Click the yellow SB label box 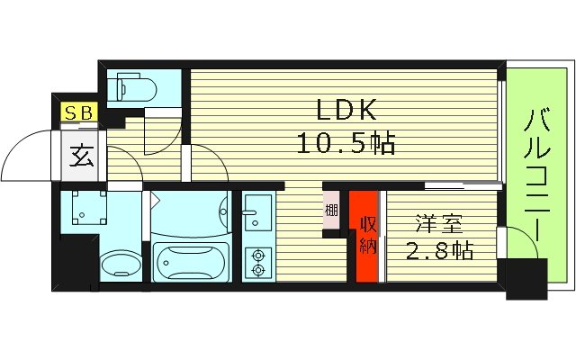coord(76,112)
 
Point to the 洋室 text coord(440,220)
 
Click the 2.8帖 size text coord(440,249)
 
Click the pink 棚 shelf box coord(331,212)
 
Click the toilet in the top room coord(133,88)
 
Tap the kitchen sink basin coord(256,212)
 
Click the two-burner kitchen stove coord(257,260)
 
